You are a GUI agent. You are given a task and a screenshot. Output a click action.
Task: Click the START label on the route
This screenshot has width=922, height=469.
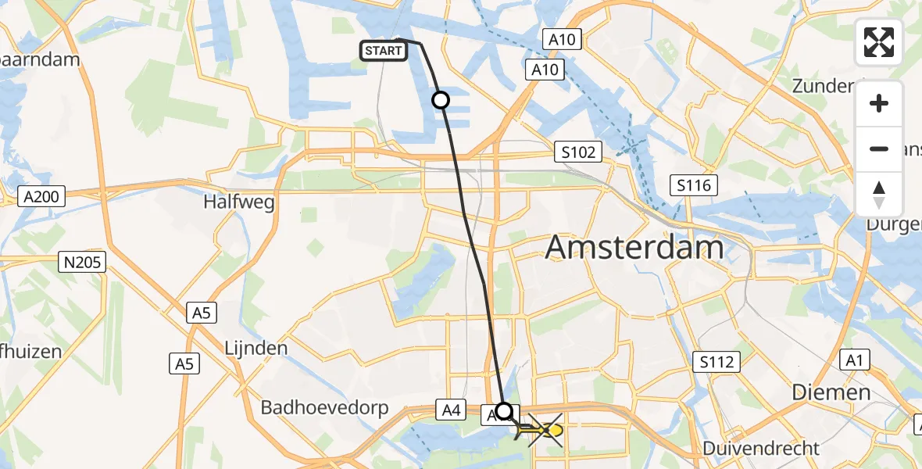coord(383,52)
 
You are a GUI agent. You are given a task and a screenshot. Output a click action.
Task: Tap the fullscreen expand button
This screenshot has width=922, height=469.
coord(879,42)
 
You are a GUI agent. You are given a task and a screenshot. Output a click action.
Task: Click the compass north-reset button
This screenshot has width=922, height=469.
coord(879,195)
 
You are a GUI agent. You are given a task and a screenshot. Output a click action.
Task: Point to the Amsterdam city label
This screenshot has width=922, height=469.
coord(634,248)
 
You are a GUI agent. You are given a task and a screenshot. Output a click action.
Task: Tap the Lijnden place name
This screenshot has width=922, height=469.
coord(256,348)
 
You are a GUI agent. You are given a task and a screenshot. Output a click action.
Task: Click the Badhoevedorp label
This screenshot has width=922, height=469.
coord(320,407)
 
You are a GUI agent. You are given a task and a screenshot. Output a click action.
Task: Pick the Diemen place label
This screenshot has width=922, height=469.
coord(831,392)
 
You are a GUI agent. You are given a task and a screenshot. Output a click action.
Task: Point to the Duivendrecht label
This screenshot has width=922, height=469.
coord(761,449)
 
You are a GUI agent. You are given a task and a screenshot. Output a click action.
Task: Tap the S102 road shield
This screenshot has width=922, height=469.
coord(578,152)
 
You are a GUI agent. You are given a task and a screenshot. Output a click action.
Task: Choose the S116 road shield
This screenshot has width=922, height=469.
coord(694,185)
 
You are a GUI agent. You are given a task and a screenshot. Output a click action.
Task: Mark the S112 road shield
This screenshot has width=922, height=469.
coord(717,361)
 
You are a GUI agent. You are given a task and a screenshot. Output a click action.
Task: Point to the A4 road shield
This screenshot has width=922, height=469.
coord(450,409)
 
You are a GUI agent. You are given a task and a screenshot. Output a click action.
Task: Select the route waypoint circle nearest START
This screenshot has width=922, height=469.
coord(441,100)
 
